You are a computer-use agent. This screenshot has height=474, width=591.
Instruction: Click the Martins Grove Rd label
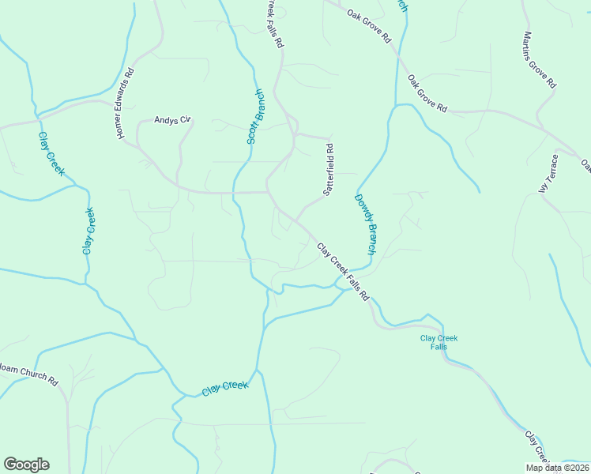[540, 60]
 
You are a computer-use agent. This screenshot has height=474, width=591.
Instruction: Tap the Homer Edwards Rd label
[126, 103]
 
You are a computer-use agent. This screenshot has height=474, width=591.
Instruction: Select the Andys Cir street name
[172, 120]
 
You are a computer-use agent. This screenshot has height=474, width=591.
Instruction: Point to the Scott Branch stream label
[255, 117]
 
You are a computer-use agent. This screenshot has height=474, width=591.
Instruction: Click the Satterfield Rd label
[329, 169]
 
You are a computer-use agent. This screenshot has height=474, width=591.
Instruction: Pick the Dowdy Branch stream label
[365, 224]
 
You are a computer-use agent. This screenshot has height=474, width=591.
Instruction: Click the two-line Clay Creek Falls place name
[439, 342]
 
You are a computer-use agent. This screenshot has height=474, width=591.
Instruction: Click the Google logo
[26, 465]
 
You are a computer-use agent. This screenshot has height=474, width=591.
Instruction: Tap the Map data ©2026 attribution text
[558, 468]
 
